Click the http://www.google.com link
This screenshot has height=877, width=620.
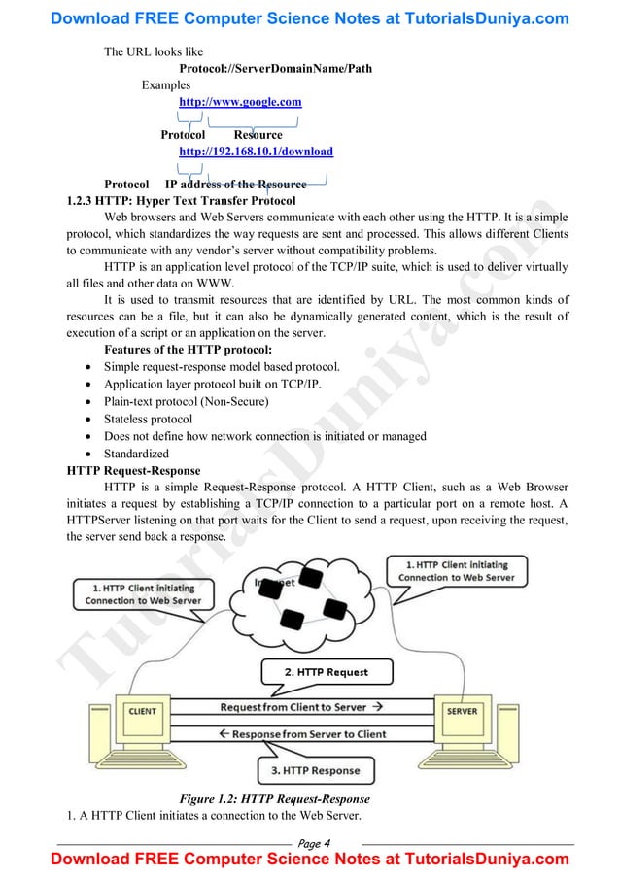240,101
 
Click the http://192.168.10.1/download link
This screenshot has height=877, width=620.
256,152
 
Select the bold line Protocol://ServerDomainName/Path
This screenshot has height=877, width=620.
275,68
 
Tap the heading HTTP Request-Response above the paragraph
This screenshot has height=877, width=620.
128,470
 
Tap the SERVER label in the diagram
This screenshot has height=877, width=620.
462,711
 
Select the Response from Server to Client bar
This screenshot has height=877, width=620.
301,734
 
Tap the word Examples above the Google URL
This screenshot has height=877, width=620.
166,85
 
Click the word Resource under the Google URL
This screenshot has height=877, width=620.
258,135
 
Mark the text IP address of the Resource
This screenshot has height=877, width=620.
235,184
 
